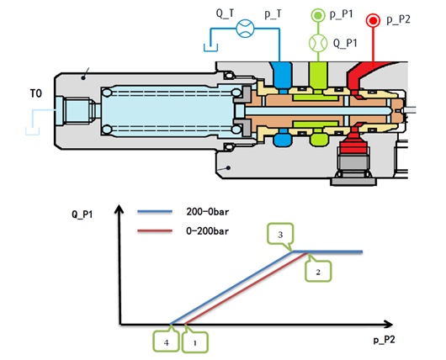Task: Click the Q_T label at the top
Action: (x=225, y=13)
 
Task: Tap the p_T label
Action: (x=273, y=13)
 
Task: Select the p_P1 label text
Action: (x=342, y=13)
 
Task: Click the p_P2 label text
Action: (x=398, y=19)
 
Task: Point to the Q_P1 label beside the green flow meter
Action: (x=345, y=43)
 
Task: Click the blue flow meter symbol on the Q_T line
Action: (x=245, y=29)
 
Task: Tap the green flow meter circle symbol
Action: (x=318, y=43)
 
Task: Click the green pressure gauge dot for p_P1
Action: (x=318, y=15)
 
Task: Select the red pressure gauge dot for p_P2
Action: (x=373, y=20)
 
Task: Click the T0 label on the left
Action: (x=36, y=93)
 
